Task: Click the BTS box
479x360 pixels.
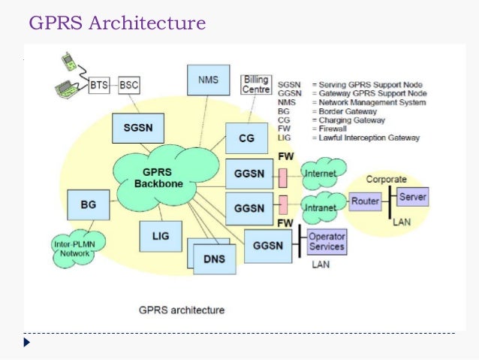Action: (x=99, y=84)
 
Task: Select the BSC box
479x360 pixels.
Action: (x=128, y=84)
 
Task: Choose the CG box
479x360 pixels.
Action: (x=247, y=138)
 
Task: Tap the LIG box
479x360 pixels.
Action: (x=160, y=236)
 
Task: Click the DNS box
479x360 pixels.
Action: (x=213, y=259)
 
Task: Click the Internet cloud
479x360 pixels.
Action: (x=321, y=174)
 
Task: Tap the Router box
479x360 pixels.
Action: (x=366, y=201)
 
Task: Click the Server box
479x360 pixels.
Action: (x=412, y=197)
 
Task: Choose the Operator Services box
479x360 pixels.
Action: (x=326, y=242)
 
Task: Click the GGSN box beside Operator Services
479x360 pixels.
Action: (x=268, y=245)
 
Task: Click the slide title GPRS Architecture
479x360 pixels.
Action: (x=116, y=23)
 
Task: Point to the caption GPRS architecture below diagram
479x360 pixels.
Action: (x=182, y=309)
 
